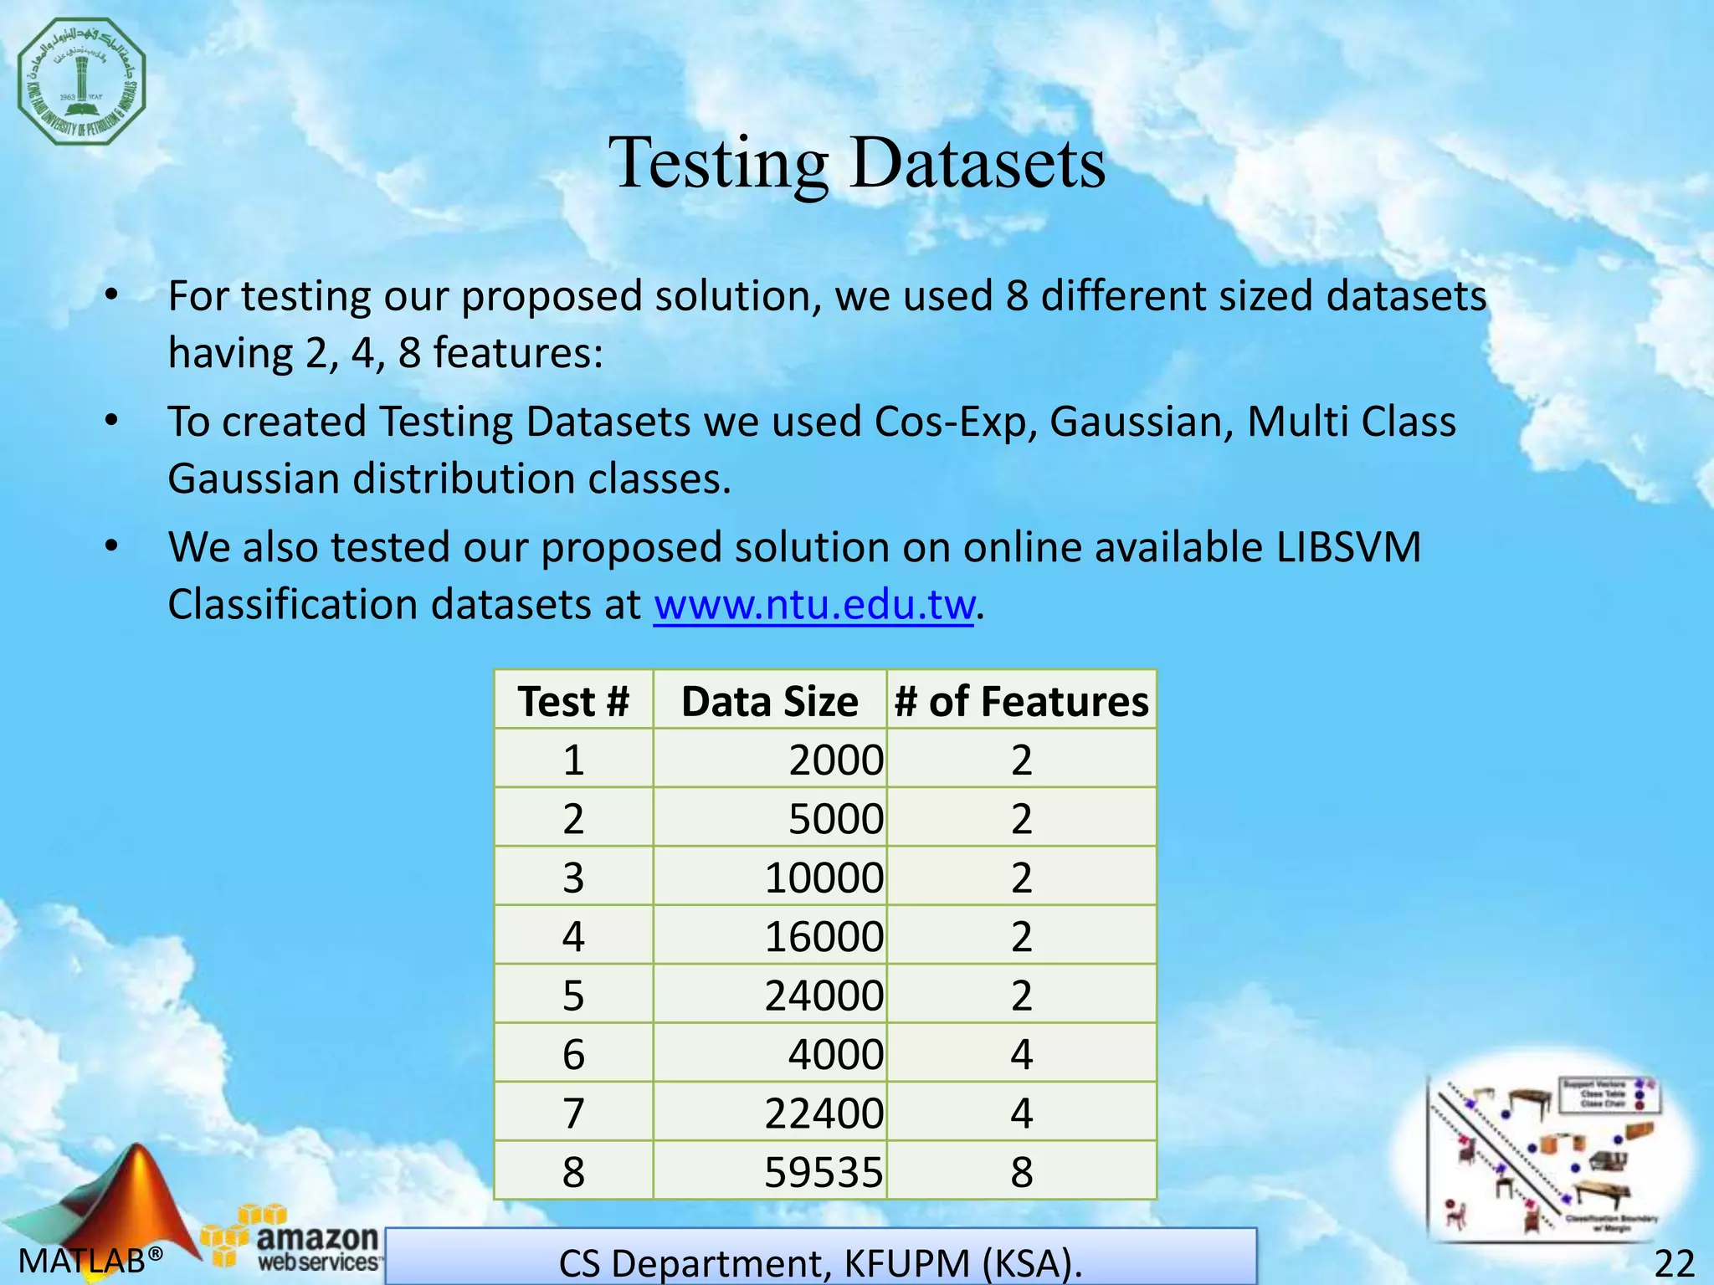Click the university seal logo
point(82,81)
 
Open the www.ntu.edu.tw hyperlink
point(814,604)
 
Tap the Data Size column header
point(769,701)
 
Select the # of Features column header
point(1021,701)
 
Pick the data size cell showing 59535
point(824,1171)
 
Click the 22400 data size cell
point(824,1113)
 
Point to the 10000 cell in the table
point(824,878)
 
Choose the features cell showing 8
point(1021,1171)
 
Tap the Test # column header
point(573,701)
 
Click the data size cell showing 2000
point(835,760)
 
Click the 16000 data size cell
point(824,936)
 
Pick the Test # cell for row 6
point(573,1054)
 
